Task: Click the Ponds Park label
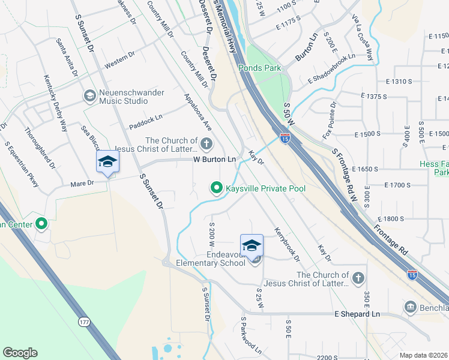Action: (259, 68)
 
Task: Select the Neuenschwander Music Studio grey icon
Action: (89, 96)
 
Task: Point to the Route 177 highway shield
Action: (83, 322)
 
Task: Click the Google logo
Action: (20, 353)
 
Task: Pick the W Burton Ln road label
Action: (214, 160)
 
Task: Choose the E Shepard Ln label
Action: (357, 314)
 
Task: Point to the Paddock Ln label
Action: (146, 122)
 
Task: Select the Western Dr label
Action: (119, 60)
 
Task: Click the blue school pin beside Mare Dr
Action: (108, 162)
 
